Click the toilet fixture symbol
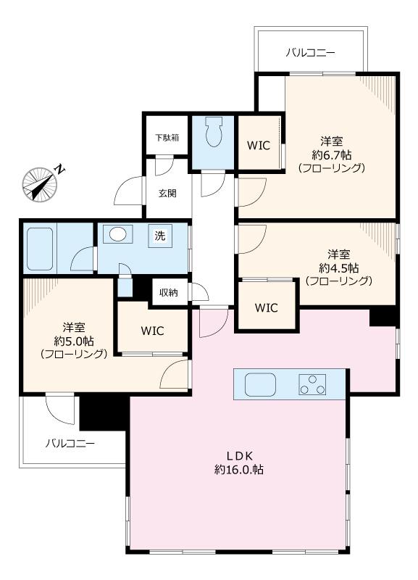214,132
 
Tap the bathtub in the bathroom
40,249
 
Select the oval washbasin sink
118,234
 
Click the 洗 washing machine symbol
160,236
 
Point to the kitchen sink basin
260,384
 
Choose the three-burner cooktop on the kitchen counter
312,384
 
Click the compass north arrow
40,185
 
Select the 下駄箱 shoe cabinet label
167,138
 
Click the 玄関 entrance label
167,193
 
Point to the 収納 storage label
169,293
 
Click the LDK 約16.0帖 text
239,463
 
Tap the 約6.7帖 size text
331,154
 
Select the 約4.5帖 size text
338,268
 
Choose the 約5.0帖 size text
74,340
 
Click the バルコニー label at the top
311,52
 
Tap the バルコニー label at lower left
70,443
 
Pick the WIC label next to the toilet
259,146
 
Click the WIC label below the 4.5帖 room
266,307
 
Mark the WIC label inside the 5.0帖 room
152,331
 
